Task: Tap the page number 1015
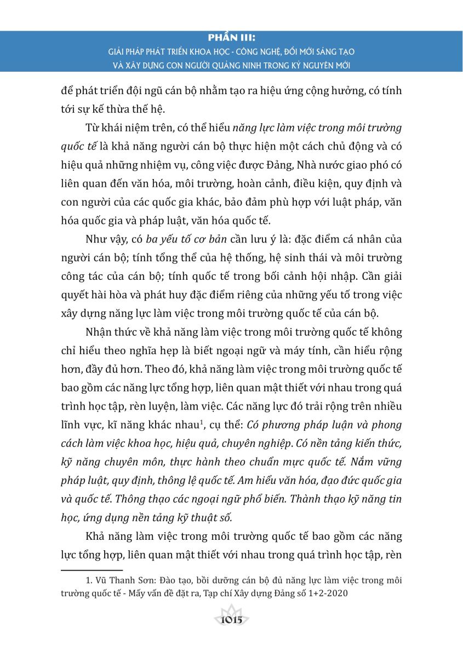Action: (x=231, y=621)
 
